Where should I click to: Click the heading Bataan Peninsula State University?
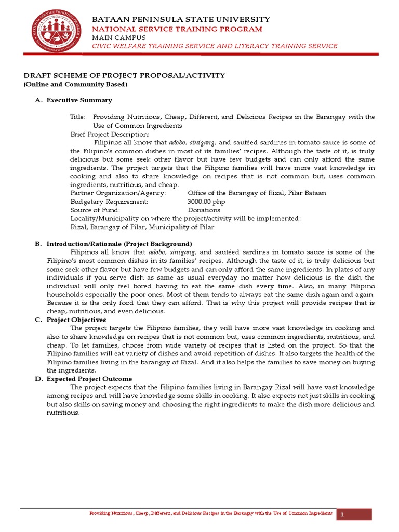point(181,19)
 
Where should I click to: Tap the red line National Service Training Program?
point(177,29)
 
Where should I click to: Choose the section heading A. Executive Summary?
point(73,100)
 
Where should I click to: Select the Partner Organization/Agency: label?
point(118,193)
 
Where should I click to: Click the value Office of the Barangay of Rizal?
point(257,193)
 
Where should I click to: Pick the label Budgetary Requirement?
point(109,201)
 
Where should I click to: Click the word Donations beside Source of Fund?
point(204,210)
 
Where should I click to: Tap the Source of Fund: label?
point(95,210)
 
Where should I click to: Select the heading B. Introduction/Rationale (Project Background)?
point(114,244)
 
